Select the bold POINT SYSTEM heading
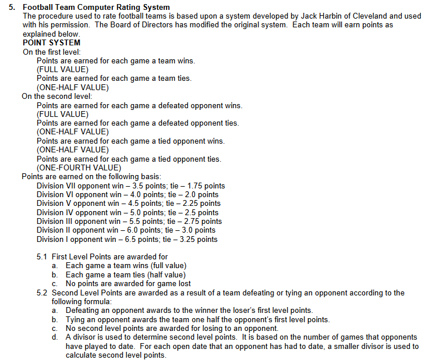pyautogui.click(x=51, y=42)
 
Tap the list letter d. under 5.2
pyautogui.click(x=54, y=337)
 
